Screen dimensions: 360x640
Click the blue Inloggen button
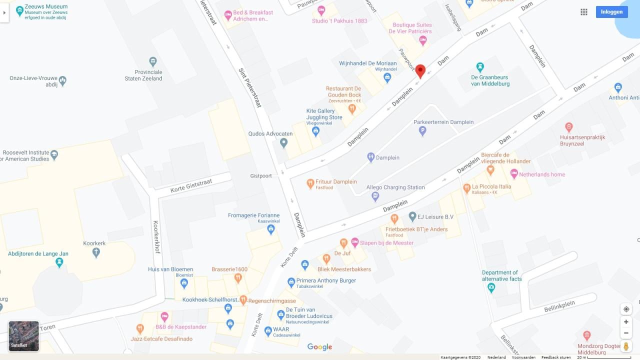click(x=611, y=12)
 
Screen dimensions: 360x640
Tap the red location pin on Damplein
click(x=420, y=71)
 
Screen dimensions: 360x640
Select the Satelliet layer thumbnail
click(x=23, y=336)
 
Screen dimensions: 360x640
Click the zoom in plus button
click(x=626, y=321)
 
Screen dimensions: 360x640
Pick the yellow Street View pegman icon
click(x=626, y=346)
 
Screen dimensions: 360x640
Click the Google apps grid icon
click(x=583, y=12)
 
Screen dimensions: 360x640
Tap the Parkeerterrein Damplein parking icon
click(x=422, y=131)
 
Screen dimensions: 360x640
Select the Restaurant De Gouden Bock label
click(x=343, y=91)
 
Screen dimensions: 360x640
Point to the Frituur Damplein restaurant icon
click(x=310, y=184)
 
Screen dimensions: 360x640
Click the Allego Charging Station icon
click(x=375, y=197)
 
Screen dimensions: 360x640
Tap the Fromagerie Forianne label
click(x=253, y=215)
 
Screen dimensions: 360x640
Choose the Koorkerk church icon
click(x=96, y=252)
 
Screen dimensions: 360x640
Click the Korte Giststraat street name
click(x=190, y=186)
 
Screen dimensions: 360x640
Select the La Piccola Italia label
click(x=491, y=186)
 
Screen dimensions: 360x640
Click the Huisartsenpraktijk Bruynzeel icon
click(x=568, y=127)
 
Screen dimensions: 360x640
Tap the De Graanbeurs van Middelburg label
click(x=490, y=80)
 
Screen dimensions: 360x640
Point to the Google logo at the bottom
click(x=319, y=347)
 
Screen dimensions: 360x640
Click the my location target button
click(x=626, y=309)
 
